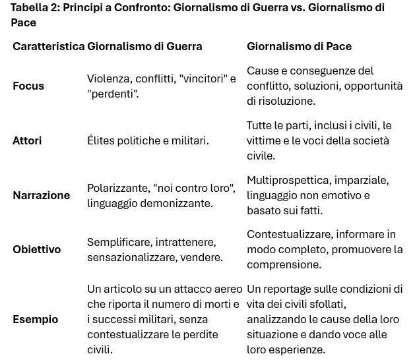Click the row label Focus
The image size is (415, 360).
28,86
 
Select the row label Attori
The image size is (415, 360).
27,140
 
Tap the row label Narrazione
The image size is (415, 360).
41,195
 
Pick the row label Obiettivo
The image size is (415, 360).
36,249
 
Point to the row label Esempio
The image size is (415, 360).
35,319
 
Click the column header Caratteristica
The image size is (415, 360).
48,47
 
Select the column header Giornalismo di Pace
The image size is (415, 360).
299,47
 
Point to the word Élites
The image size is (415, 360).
102,140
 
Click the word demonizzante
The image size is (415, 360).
175,204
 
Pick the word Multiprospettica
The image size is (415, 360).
288,181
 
